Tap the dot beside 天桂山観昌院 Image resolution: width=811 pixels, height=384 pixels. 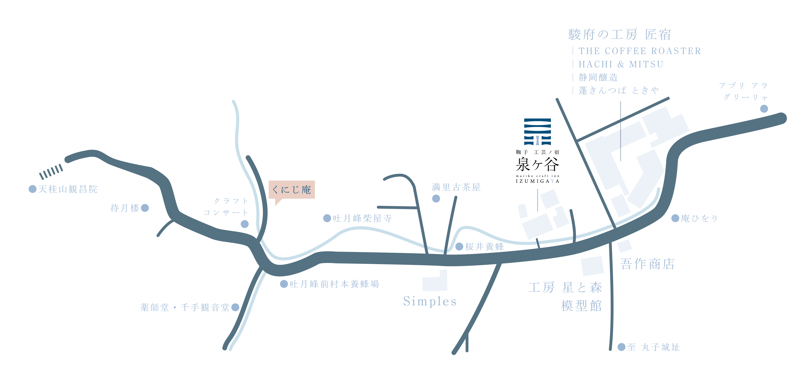32,189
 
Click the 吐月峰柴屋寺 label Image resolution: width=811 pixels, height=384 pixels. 362,218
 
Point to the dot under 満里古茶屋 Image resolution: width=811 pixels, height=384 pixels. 436,198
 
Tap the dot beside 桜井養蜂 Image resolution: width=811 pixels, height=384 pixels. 459,247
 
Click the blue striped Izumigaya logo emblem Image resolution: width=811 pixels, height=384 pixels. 537,132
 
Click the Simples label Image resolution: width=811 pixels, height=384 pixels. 430,301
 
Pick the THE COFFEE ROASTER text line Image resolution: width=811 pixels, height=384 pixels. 640,51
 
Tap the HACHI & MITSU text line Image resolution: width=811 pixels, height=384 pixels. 621,64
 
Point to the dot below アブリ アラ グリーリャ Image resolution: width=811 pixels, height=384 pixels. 764,109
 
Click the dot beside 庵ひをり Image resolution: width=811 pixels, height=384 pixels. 675,218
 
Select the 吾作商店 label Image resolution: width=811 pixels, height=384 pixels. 647,264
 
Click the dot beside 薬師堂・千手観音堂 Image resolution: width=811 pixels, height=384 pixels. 235,307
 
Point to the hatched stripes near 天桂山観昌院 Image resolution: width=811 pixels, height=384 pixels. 51,172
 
